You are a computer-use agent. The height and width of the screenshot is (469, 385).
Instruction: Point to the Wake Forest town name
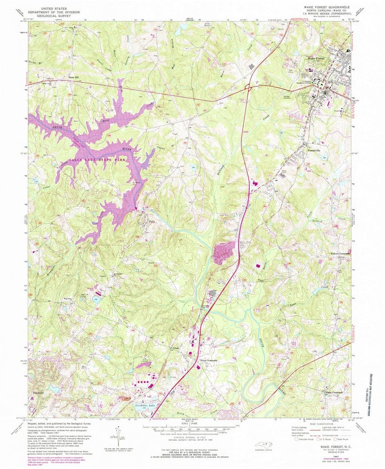coord(316,59)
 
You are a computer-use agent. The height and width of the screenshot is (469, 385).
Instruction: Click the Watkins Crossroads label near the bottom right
coord(337,394)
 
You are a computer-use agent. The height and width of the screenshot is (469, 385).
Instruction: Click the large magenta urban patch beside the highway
coord(224,252)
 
